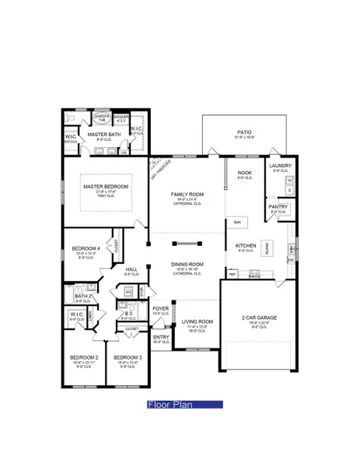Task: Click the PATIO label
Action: (244, 133)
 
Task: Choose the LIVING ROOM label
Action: (197, 321)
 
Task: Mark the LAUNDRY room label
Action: (280, 166)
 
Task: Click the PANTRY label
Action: (278, 206)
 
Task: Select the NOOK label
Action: (245, 173)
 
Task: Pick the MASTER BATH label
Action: (104, 135)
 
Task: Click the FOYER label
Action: (161, 309)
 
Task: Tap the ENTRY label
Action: (161, 337)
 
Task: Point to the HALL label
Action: (131, 269)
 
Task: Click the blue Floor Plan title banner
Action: (185, 405)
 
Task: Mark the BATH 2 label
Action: (83, 297)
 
